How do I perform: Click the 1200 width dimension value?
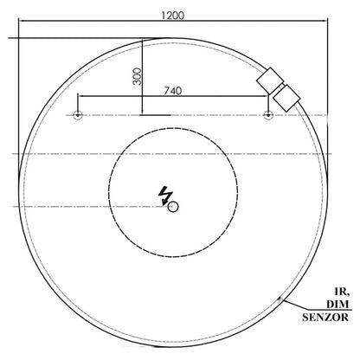pyautogui.click(x=172, y=16)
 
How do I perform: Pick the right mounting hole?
pyautogui.click(x=268, y=115)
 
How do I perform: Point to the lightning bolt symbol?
pyautogui.click(x=165, y=195)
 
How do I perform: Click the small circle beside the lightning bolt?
pyautogui.click(x=174, y=206)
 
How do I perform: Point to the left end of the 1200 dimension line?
pyautogui.click(x=19, y=23)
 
